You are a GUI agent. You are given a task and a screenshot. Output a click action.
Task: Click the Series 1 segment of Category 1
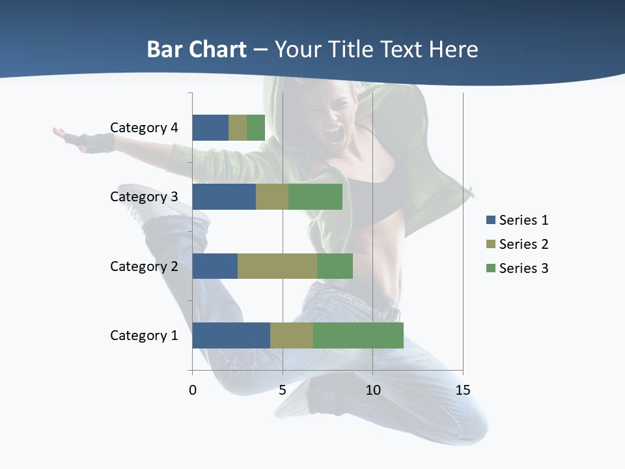[231, 335]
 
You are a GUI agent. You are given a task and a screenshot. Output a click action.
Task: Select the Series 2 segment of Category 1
[292, 335]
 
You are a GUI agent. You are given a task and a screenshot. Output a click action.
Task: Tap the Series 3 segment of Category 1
[358, 335]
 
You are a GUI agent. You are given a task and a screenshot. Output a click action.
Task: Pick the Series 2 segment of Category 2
[277, 266]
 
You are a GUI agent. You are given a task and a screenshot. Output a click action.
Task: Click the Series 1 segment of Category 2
[215, 266]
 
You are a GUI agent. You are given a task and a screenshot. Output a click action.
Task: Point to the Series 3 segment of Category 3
[315, 197]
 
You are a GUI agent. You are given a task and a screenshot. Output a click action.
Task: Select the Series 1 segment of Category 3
[224, 197]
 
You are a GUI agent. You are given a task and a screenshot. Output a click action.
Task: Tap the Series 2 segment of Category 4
[238, 128]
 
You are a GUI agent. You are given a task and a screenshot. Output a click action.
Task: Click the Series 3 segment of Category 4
[256, 128]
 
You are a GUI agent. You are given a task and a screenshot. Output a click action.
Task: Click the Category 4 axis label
[144, 128]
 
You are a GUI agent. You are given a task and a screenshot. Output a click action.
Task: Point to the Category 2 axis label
[144, 266]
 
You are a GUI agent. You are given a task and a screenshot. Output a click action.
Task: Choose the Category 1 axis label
[144, 335]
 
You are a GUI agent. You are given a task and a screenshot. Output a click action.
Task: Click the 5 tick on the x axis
[283, 390]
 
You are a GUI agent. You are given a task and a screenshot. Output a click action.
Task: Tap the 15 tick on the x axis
[463, 390]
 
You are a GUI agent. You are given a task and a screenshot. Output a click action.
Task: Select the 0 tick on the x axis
[193, 390]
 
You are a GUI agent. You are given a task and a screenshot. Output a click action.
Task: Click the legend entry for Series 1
[518, 220]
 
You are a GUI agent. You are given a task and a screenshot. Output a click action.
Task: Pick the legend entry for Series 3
[518, 268]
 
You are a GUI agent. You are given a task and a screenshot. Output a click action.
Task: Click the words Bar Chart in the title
[197, 50]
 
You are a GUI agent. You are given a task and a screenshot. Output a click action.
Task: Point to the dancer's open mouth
[334, 135]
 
